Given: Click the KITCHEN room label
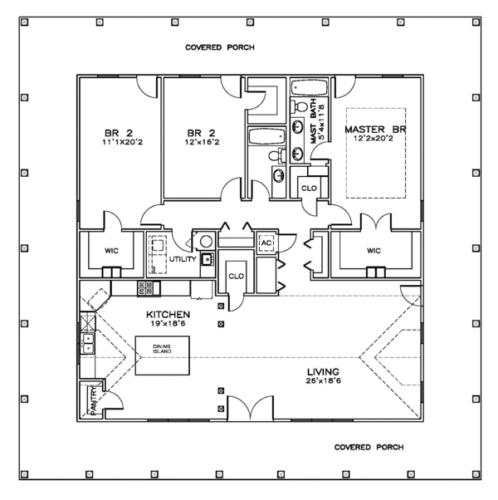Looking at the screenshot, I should coord(168,315).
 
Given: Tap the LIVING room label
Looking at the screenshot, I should coord(320,374).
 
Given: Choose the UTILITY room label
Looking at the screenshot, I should coord(183,259).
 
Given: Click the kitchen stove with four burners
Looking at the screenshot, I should coord(146,288).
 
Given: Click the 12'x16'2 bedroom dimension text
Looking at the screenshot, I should coord(202,141).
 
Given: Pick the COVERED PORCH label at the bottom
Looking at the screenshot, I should coord(369,446).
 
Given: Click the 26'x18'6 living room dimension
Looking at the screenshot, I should coord(320,383).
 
